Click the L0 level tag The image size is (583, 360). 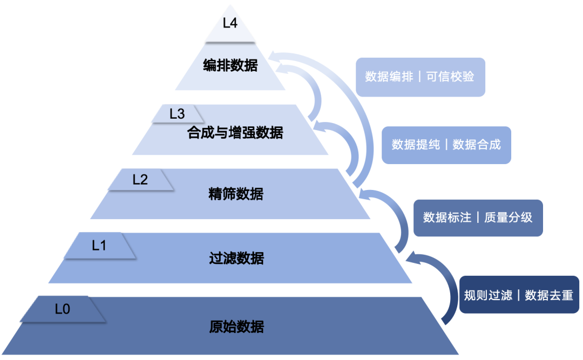click(x=63, y=309)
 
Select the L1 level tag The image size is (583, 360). click(x=99, y=246)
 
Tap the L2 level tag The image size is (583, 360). click(x=140, y=180)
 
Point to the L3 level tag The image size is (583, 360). click(x=177, y=114)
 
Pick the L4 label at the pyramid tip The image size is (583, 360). click(x=230, y=23)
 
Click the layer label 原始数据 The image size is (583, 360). click(x=236, y=327)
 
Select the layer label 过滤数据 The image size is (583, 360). click(x=236, y=259)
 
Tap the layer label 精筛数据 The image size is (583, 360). click(x=236, y=194)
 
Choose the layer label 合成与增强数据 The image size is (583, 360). click(x=235, y=132)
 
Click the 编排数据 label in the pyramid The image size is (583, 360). click(x=231, y=66)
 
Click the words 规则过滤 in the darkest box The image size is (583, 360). click(x=488, y=295)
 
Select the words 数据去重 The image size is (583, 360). click(x=549, y=295)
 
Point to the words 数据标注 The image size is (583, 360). click(x=447, y=218)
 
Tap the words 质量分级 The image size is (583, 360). click(x=509, y=218)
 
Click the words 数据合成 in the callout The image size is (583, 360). click(x=477, y=145)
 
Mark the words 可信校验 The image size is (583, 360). click(x=450, y=77)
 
